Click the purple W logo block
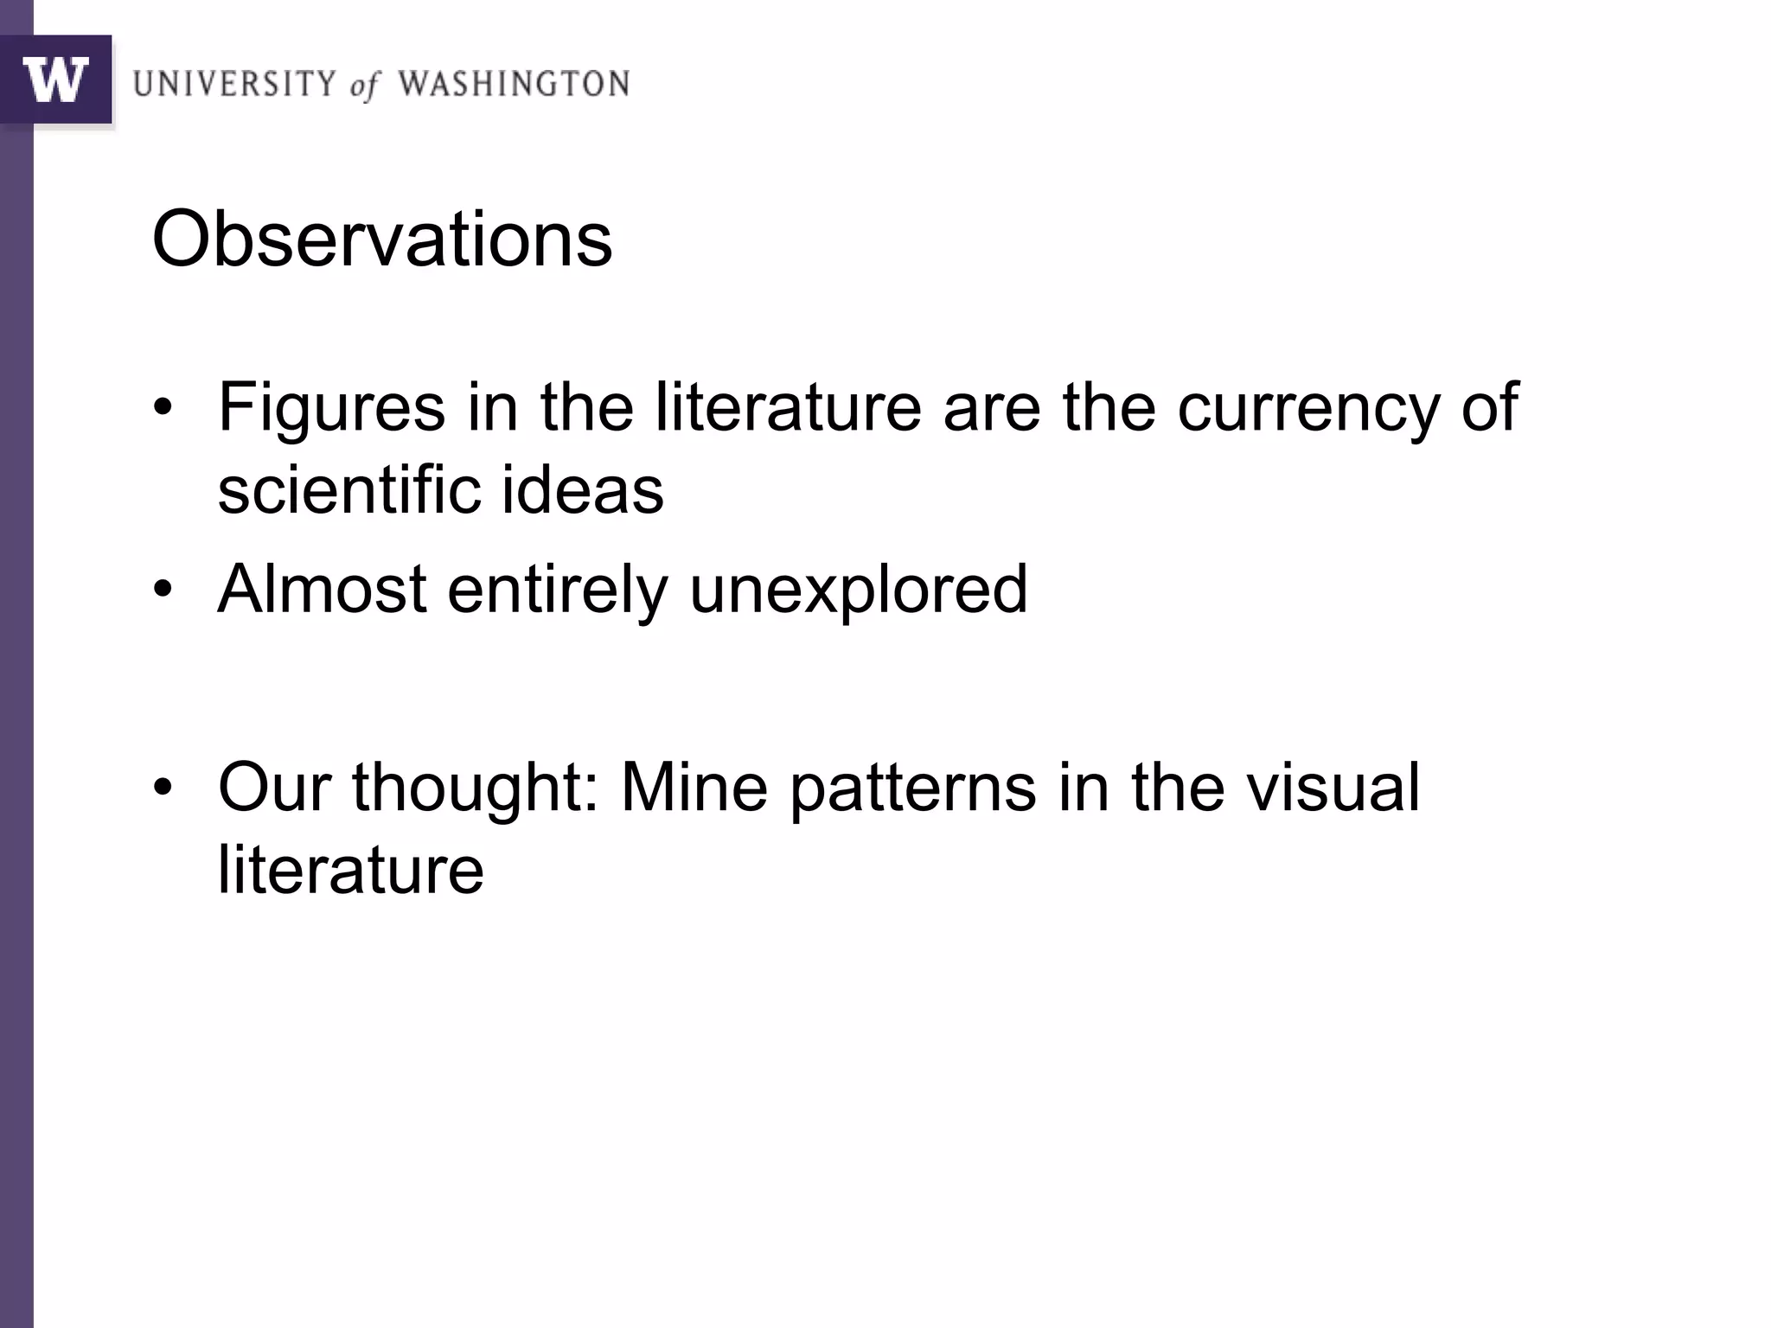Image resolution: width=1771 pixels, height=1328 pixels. [x=56, y=80]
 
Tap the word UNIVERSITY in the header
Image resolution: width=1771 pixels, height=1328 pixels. [x=233, y=85]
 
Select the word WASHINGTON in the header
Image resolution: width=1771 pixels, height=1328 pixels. [x=514, y=85]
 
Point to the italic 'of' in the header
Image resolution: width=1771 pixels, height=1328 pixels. [x=364, y=86]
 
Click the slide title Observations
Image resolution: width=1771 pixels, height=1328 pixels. [x=382, y=239]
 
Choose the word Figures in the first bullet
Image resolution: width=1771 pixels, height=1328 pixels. [x=331, y=408]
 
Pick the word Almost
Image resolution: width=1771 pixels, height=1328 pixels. [x=322, y=590]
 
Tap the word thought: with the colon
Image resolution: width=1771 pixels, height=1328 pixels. [x=475, y=788]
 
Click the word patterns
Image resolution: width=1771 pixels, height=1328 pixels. [x=912, y=788]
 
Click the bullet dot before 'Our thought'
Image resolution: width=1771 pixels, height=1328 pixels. [x=163, y=788]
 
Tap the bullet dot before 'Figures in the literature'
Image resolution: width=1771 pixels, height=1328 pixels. [x=163, y=408]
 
